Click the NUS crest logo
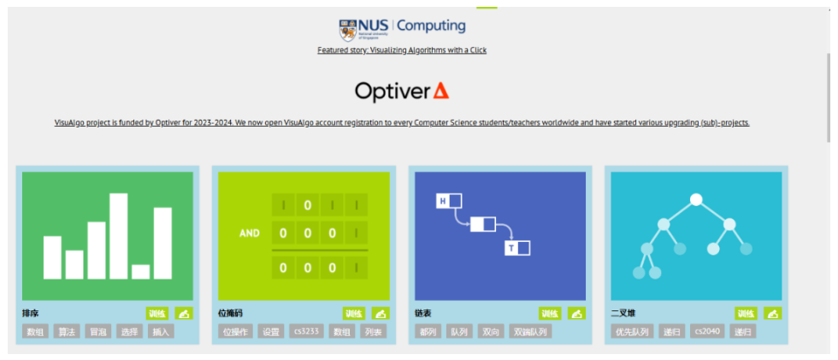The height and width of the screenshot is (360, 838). point(348,28)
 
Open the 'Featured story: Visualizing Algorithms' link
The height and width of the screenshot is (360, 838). point(402,50)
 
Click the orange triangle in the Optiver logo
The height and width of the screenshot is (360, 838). point(441,91)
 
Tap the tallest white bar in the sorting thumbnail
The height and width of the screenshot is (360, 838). point(118,236)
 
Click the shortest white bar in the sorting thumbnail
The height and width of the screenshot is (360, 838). point(140,271)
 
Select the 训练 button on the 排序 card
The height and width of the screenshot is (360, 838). point(158,314)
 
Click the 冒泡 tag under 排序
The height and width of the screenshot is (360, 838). point(98,332)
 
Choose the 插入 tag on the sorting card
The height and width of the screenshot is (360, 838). point(161,332)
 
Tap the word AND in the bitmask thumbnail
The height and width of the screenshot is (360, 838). point(249,233)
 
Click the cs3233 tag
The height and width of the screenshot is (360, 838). point(306,332)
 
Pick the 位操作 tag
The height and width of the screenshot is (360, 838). point(235,332)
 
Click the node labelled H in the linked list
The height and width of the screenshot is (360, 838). point(443,201)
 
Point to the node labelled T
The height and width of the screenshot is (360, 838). point(512,248)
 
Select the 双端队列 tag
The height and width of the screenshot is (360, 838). point(530,332)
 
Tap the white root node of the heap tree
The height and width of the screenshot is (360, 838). point(696,200)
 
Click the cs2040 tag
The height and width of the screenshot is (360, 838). point(706,332)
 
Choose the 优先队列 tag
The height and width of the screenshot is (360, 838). point(632,332)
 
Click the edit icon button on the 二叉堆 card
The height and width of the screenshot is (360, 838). point(772,314)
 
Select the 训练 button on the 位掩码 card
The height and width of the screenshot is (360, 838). point(354,314)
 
